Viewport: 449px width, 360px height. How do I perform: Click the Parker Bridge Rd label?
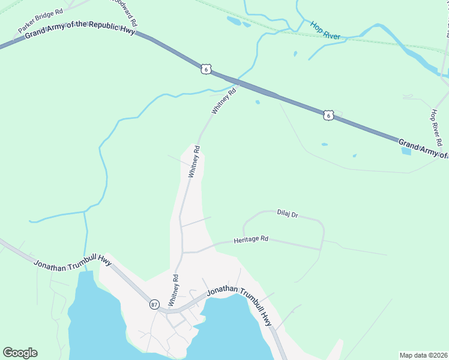tap(41, 21)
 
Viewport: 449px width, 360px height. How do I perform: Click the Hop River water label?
tap(325, 31)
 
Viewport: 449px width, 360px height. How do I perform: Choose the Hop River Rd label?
tap(436, 128)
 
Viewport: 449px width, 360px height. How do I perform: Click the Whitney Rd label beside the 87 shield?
tap(176, 290)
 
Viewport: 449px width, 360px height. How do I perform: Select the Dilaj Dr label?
tap(288, 213)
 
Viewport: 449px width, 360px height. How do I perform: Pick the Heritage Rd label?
tap(251, 239)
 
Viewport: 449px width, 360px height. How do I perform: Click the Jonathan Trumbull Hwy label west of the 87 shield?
tap(73, 262)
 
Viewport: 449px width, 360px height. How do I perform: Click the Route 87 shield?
tap(154, 304)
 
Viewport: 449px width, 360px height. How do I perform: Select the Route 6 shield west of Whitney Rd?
tap(206, 70)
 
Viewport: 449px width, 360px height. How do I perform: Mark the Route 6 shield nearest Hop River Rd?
tap(328, 115)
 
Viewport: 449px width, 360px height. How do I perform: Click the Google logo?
tap(20, 353)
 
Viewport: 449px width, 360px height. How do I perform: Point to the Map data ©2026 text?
tap(423, 355)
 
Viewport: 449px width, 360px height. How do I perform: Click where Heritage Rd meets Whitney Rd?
tap(182, 253)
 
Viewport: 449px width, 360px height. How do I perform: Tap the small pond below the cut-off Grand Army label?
tap(406, 151)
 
